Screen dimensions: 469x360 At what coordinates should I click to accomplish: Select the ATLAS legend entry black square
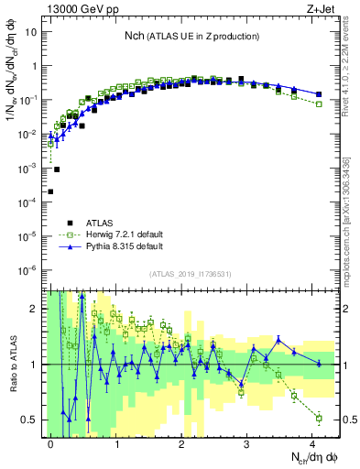point(70,222)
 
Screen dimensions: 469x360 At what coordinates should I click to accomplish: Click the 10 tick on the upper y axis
point(31,32)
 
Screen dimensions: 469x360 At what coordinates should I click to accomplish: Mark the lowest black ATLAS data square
point(50,191)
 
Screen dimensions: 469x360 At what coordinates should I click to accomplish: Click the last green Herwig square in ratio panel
point(319,418)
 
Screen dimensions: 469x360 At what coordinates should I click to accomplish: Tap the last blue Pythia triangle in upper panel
point(319,94)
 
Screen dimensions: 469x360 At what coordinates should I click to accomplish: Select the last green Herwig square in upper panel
point(319,104)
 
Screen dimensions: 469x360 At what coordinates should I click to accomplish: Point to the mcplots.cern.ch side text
point(353,229)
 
